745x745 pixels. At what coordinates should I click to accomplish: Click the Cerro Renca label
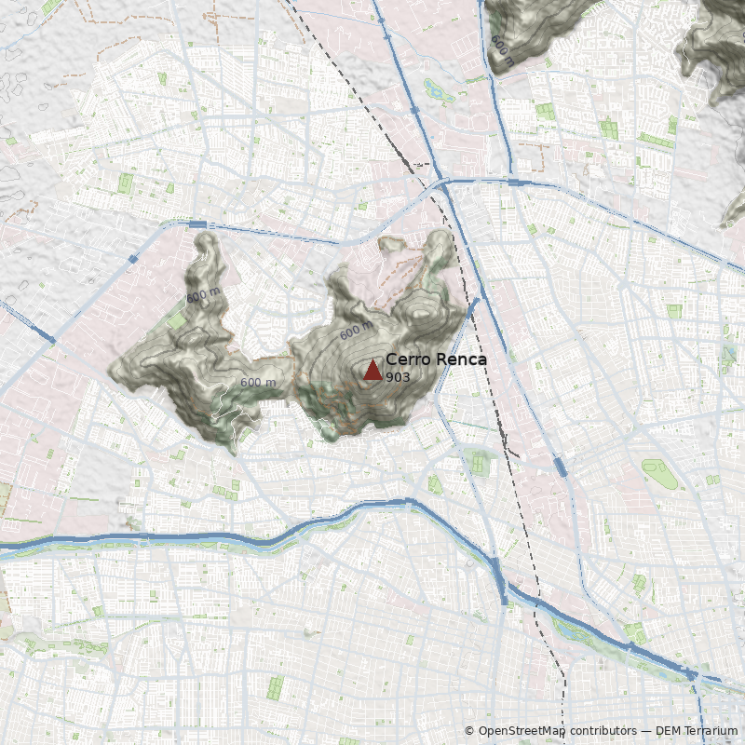point(435,359)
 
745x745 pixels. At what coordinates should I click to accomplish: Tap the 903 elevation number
point(398,377)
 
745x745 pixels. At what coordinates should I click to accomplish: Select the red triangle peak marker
point(372,370)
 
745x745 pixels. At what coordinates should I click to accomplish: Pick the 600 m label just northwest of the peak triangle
point(355,331)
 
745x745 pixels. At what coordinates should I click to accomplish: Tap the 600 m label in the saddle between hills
point(258,383)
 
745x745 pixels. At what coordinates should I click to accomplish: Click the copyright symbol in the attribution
point(469,731)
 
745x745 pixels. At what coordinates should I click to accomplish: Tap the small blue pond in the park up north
point(434,90)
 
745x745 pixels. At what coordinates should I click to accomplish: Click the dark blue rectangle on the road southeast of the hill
point(561,467)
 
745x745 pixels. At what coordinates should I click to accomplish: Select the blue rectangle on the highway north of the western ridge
point(197,224)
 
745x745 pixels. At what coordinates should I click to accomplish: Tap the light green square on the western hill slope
point(177,320)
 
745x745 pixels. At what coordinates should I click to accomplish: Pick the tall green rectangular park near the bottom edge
point(275,688)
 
